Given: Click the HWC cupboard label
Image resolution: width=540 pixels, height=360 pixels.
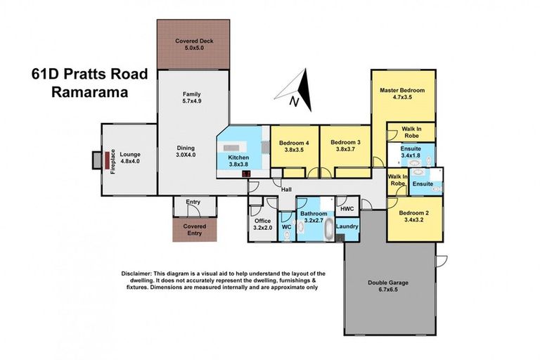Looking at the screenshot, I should [x=347, y=210].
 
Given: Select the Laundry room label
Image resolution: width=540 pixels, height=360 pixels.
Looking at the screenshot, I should [x=347, y=226].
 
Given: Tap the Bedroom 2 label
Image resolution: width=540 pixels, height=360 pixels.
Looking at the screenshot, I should [x=414, y=212].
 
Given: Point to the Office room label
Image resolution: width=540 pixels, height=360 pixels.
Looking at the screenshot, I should [x=262, y=221].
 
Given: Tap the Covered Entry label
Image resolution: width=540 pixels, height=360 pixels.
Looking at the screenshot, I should [x=194, y=230].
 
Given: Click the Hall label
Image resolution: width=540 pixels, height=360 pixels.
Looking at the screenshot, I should [x=286, y=189].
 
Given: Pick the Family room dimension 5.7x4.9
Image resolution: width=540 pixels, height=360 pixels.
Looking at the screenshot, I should [x=192, y=101].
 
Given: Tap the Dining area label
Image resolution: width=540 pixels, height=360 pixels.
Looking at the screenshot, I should [x=186, y=148].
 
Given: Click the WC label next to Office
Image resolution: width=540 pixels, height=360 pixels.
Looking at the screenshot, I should [x=285, y=227].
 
